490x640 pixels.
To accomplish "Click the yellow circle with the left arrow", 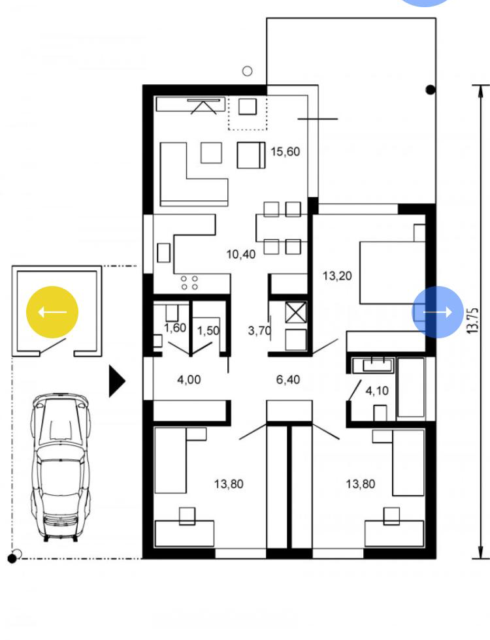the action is tap(52, 312).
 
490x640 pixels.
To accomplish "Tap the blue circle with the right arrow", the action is tap(438, 312).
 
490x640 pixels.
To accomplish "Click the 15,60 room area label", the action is tap(285, 152).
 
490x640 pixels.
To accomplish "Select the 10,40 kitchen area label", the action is tap(241, 254).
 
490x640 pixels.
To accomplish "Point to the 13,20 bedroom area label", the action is tap(337, 276).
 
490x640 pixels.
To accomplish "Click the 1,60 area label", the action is tap(175, 328).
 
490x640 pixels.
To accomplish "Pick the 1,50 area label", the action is tap(208, 330).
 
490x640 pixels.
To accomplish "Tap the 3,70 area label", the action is tap(259, 330).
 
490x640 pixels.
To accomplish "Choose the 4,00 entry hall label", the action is tap(189, 379).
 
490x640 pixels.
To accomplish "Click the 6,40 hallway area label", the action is tap(288, 379).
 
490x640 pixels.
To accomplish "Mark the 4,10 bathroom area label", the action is tap(377, 391).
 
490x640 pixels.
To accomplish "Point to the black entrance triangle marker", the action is tap(116, 381).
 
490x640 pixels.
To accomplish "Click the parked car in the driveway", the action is tap(60, 468).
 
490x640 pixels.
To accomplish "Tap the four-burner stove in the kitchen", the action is tap(189, 282).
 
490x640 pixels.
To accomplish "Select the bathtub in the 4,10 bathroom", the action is tap(411, 388).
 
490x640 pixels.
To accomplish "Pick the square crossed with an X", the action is tap(295, 312).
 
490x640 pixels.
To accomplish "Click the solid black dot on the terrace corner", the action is tap(431, 90).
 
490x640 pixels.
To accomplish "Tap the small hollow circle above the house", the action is tap(247, 71).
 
